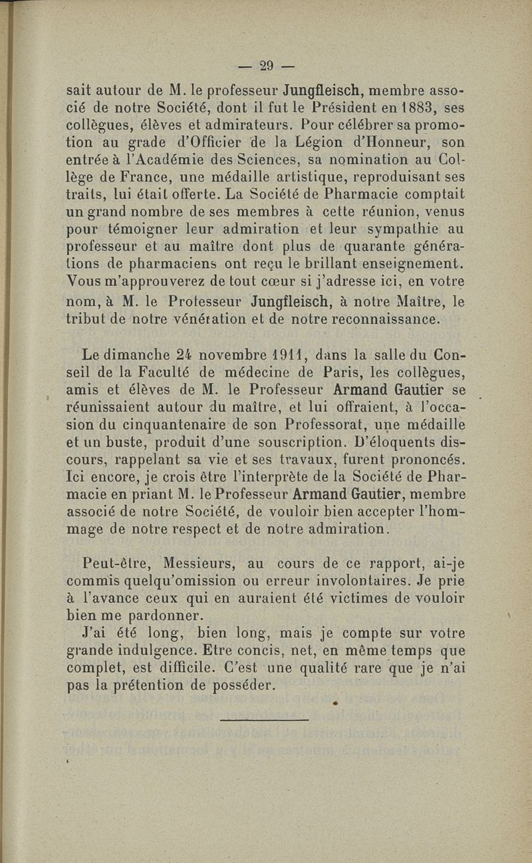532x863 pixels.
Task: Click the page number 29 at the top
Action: click(267, 65)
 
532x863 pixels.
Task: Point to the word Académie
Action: click(156, 160)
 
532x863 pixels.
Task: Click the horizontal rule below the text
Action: click(264, 719)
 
